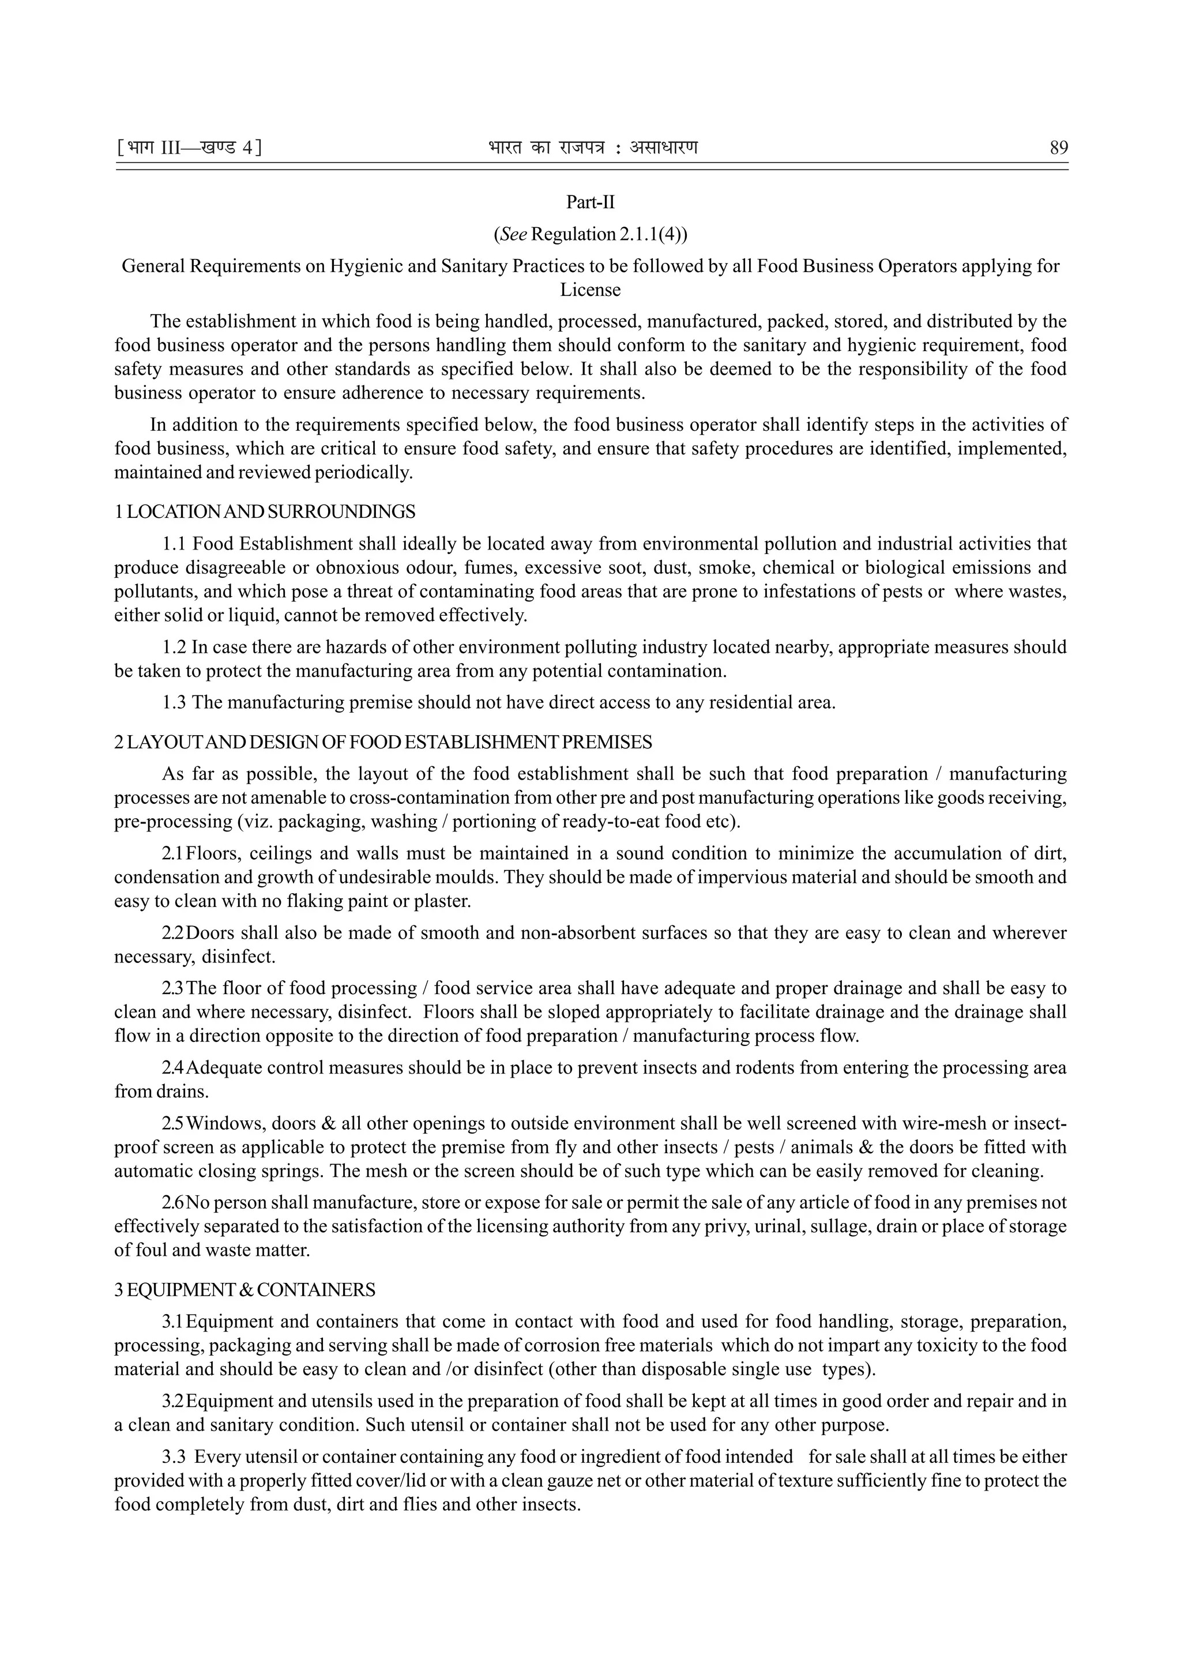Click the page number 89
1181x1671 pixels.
[x=1058, y=148]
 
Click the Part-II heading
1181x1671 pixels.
[x=590, y=202]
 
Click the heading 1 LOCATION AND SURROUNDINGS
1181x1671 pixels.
[x=265, y=511]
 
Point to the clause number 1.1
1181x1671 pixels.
[x=174, y=544]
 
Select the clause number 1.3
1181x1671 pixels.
[x=174, y=702]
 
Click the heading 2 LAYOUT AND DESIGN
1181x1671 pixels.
[x=383, y=742]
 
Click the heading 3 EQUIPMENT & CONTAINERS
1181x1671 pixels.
[x=245, y=1290]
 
